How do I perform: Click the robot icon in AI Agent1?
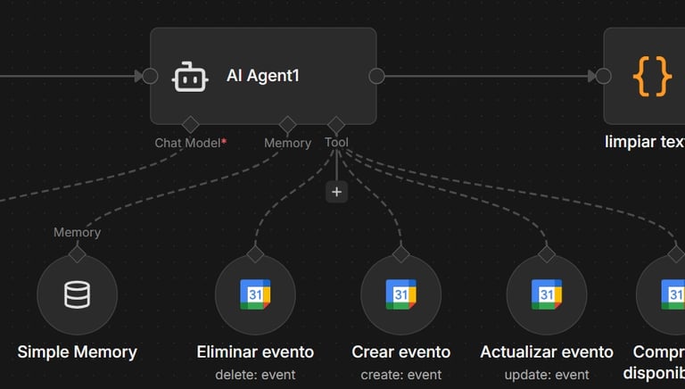point(190,76)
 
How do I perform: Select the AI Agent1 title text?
point(263,76)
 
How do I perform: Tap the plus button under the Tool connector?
point(336,191)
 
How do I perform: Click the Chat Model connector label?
point(186,143)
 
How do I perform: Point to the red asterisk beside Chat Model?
point(223,141)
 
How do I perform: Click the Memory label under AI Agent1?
point(287,143)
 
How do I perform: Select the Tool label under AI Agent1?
point(336,142)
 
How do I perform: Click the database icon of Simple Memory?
point(77,295)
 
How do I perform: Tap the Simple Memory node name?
point(77,352)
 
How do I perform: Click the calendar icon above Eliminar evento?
point(255,295)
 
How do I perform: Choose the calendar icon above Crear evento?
point(401,295)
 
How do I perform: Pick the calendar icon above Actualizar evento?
point(547,295)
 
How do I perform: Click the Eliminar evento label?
point(255,352)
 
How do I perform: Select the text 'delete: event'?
point(255,375)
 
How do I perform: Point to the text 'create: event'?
point(401,375)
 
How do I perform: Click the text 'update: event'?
point(547,375)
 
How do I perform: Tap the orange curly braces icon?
point(652,77)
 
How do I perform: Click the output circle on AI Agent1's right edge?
point(376,76)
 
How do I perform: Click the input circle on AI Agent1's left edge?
point(151,76)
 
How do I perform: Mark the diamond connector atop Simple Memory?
point(77,254)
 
